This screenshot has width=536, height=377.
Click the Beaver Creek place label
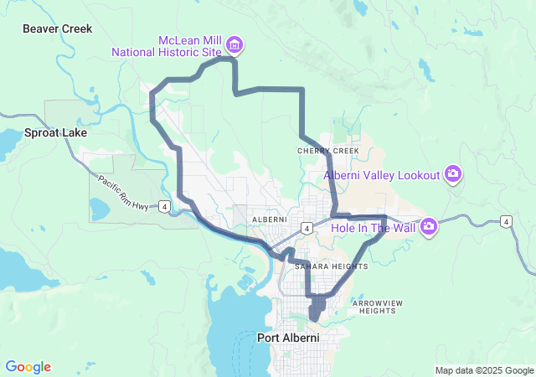coord(58,28)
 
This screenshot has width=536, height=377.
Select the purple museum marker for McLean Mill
coord(234,44)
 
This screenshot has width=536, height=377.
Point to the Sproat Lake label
coord(56,132)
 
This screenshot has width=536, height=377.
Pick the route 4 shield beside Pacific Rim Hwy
coord(165,206)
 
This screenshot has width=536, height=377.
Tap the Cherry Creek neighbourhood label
coord(327,151)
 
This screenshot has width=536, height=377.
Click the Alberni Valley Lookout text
coord(382,175)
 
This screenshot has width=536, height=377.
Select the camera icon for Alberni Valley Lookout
coord(453,174)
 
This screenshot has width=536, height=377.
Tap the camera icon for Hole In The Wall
coord(430,226)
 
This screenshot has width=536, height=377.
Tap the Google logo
coord(28,367)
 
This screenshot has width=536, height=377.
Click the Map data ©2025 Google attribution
coord(483,370)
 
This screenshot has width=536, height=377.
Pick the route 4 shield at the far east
coord(505,221)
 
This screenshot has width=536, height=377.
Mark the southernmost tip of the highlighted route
coord(313,319)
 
